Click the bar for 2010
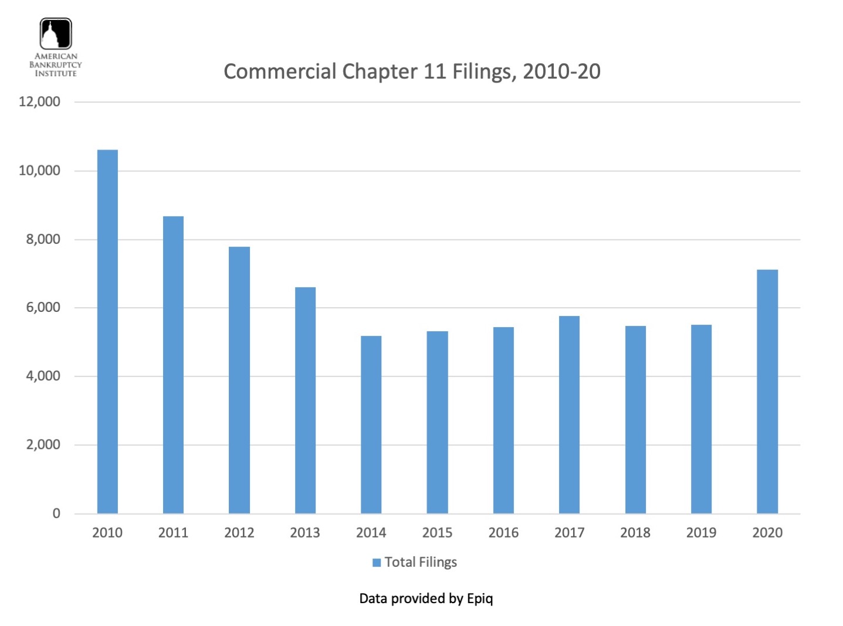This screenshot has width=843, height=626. (x=107, y=331)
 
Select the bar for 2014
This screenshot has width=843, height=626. (x=371, y=424)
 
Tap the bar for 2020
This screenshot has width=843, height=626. (x=767, y=391)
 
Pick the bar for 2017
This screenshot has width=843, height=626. (x=569, y=414)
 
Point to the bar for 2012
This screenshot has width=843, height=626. (x=239, y=380)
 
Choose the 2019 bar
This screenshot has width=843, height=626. (x=701, y=419)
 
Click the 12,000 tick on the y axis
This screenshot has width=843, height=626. (x=39, y=102)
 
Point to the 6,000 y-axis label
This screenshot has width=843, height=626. (x=43, y=308)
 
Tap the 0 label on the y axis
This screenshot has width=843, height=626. (x=56, y=513)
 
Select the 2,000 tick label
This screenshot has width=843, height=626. (x=43, y=445)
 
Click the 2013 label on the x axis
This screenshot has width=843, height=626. (x=305, y=533)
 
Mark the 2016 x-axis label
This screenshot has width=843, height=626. (x=503, y=533)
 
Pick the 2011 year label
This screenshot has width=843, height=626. (x=173, y=533)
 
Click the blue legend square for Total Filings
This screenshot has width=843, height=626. (x=377, y=563)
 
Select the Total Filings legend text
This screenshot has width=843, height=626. (x=421, y=563)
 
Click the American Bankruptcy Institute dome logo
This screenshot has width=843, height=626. (x=56, y=33)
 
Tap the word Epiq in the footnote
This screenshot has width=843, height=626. (x=480, y=598)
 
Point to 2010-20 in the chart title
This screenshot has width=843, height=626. (x=561, y=72)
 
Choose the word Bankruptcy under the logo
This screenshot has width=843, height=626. (x=56, y=65)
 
